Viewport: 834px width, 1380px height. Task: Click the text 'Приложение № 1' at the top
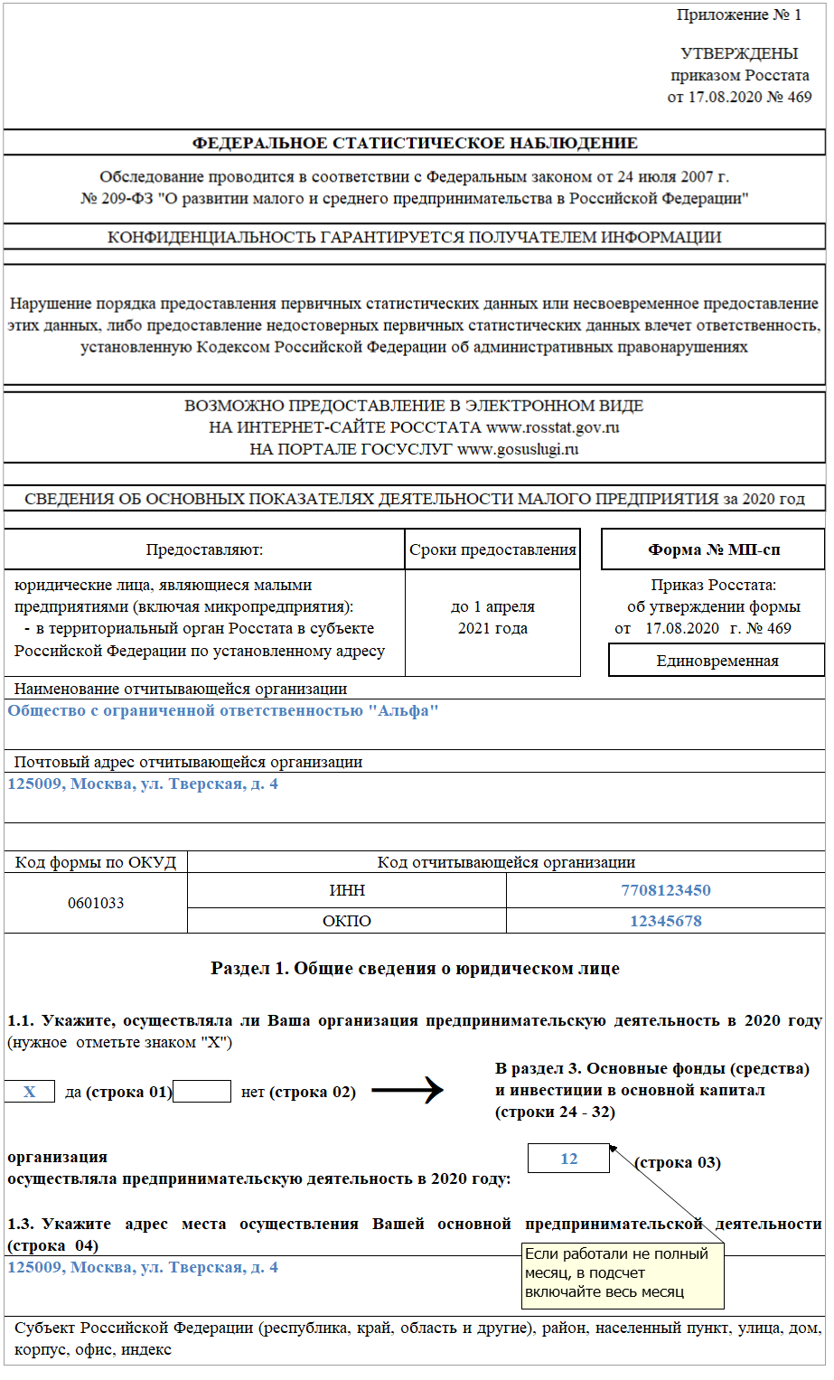point(738,15)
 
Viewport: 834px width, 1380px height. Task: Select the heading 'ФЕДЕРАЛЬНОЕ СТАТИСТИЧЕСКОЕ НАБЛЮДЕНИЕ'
point(415,143)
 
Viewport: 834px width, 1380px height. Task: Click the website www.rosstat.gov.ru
point(552,427)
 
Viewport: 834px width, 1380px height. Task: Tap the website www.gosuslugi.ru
point(518,449)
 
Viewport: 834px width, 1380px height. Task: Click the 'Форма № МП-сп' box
point(713,549)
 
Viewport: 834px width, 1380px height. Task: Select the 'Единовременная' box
point(717,661)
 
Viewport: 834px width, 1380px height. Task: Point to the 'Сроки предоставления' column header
point(492,549)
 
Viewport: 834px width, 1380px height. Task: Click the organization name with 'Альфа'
point(223,711)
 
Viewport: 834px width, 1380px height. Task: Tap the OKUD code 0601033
point(96,903)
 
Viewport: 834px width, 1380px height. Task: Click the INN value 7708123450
point(665,890)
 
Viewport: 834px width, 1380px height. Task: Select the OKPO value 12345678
point(665,921)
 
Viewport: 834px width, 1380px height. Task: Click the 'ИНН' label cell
point(347,890)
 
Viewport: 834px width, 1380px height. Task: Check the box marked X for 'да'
point(30,1092)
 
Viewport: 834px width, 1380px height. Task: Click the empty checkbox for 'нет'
point(201,1092)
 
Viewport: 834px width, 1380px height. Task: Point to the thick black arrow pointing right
point(408,1091)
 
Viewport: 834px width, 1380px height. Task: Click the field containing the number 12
point(568,1159)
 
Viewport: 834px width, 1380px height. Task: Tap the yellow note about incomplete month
point(623,1273)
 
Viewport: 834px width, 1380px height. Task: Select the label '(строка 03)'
point(678,1162)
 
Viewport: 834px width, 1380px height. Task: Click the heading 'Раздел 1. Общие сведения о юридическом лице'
point(415,969)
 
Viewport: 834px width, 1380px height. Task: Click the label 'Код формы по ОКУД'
point(96,862)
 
